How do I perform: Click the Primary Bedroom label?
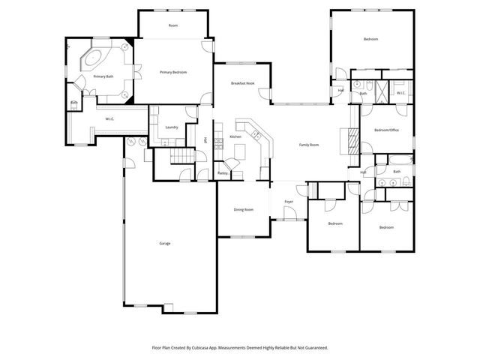[x=173, y=72]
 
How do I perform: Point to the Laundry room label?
[x=171, y=127]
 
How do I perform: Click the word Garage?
[x=164, y=243]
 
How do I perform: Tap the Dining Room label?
[x=244, y=209]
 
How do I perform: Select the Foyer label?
[x=289, y=202]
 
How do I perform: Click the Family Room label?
[x=309, y=145]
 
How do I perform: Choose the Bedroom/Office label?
[x=386, y=130]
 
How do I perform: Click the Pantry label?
[x=223, y=173]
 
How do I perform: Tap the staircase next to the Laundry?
[x=179, y=156]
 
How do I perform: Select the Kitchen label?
[x=235, y=136]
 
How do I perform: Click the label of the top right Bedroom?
[x=370, y=39]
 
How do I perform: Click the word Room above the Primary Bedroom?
[x=173, y=25]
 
